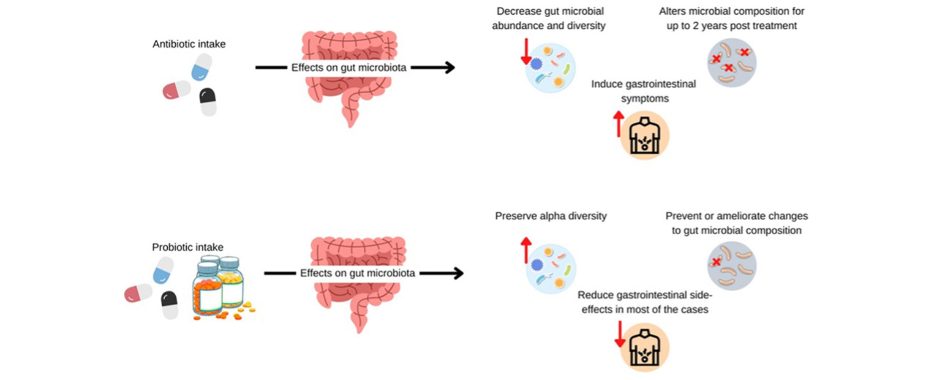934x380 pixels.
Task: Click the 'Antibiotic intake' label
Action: click(189, 44)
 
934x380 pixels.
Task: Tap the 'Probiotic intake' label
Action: click(187, 247)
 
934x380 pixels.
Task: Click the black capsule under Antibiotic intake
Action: click(208, 102)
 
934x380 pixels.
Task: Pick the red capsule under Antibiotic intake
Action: click(176, 89)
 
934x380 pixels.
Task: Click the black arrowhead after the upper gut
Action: click(449, 67)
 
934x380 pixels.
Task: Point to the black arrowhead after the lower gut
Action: click(458, 273)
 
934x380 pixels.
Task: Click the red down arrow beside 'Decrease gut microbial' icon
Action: click(526, 51)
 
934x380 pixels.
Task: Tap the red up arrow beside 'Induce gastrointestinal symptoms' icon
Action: click(619, 124)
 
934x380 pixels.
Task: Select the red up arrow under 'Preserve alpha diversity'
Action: click(526, 250)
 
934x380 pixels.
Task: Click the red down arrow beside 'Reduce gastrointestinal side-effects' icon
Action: click(620, 334)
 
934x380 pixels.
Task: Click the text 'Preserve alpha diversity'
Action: click(551, 216)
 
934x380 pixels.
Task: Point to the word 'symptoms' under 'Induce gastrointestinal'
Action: click(645, 99)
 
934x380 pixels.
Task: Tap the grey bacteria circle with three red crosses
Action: click(732, 63)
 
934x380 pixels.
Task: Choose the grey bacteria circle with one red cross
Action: click(732, 266)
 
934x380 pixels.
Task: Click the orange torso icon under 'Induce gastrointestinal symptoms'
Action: click(645, 135)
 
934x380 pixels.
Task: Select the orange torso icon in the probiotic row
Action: click(645, 347)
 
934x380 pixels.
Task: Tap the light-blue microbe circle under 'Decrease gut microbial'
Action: click(551, 67)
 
